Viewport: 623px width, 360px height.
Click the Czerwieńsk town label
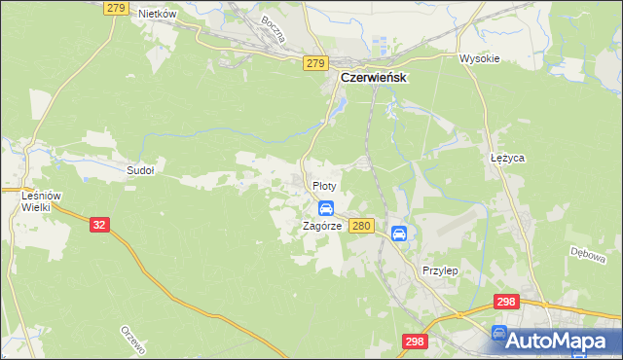tap(373, 77)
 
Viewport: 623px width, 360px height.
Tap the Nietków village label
tap(156, 14)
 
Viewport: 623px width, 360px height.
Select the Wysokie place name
tap(479, 58)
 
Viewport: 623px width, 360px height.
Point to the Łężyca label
tap(507, 157)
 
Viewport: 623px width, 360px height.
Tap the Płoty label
tap(324, 185)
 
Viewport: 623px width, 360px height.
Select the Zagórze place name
tap(320, 226)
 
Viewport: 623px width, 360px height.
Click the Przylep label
tap(440, 270)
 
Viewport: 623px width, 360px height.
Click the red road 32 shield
tap(98, 224)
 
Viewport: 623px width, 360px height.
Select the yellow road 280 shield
tap(361, 226)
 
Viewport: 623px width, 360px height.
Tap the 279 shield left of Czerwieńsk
tap(314, 63)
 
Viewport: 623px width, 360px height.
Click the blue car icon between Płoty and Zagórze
tap(326, 207)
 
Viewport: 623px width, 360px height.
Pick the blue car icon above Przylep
tap(399, 234)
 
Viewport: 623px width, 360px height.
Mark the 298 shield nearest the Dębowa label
tap(504, 304)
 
